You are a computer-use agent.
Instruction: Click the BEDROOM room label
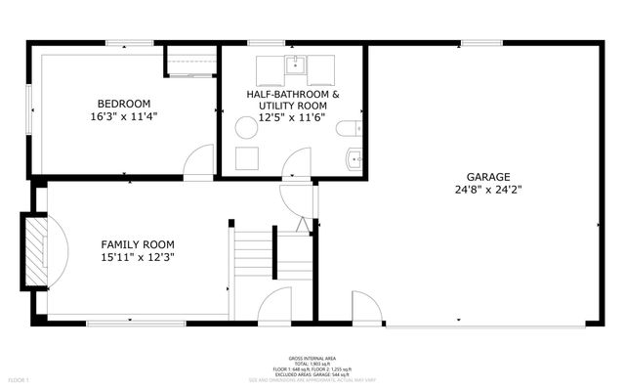pos(123,104)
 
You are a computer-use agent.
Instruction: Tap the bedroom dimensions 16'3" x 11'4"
pos(123,116)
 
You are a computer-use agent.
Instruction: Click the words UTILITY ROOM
pos(292,107)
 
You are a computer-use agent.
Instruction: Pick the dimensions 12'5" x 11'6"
pos(292,118)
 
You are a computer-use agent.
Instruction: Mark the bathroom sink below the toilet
pos(354,157)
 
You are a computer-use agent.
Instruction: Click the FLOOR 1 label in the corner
pos(20,378)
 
